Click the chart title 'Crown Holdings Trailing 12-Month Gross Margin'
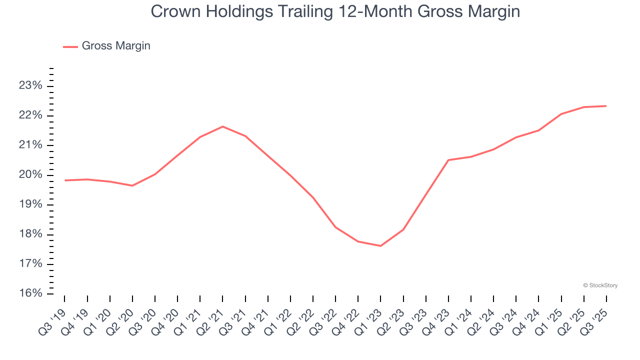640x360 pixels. [335, 11]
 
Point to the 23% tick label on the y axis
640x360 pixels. [30, 86]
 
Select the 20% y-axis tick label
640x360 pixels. [30, 175]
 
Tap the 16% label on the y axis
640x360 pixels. [30, 293]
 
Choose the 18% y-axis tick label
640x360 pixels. [30, 234]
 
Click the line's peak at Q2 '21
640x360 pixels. [222, 126]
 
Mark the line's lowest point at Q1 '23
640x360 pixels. [380, 246]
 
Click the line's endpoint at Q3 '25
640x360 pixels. [606, 106]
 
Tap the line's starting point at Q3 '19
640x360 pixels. [64, 180]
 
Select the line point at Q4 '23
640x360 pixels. [448, 160]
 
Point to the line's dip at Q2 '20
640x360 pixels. [132, 185]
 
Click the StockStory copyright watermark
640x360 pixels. [600, 285]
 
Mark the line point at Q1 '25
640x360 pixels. [561, 114]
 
